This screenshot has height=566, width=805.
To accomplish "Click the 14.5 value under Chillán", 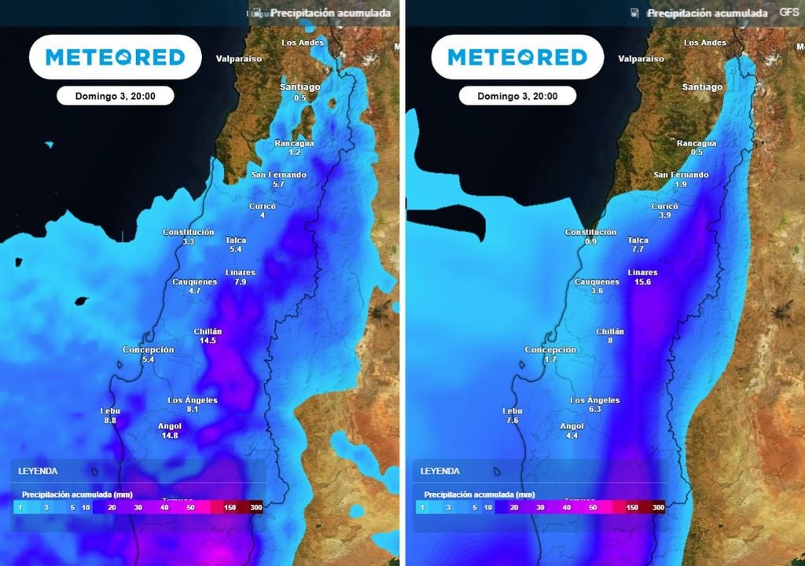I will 208,340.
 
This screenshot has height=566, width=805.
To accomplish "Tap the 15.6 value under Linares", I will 642,281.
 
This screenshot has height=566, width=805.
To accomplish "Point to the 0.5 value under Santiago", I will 300,97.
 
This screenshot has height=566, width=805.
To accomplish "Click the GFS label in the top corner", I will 788,12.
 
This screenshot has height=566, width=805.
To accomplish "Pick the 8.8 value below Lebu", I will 109,421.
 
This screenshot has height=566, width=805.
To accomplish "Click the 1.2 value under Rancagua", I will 294,152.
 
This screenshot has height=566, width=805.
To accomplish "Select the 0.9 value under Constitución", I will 590,241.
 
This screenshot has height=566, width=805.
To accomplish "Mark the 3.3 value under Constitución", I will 188,241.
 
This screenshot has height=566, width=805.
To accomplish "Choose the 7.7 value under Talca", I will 638,249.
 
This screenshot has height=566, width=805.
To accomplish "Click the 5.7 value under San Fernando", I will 278,184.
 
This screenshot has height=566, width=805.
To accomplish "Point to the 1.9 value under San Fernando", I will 681,184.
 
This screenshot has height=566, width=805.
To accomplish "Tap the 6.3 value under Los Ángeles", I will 594,409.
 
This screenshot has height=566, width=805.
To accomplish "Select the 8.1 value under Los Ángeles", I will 192,409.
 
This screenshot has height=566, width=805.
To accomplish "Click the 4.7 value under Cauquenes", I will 194,290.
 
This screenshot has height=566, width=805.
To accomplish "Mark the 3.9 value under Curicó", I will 664,215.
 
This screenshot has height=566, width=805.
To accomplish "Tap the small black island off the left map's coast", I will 80,301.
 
